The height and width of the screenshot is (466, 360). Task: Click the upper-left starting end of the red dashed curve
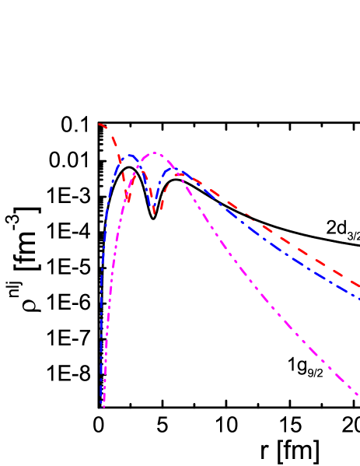click(x=100, y=124)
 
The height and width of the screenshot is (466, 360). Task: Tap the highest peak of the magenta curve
click(x=155, y=152)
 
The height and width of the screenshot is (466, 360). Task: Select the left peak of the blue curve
click(x=131, y=155)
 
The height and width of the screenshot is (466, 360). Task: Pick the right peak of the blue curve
click(x=175, y=170)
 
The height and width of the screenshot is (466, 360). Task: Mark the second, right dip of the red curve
click(x=155, y=212)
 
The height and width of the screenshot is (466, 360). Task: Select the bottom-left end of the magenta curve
click(x=103, y=406)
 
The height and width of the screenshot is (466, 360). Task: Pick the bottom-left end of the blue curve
click(x=101, y=403)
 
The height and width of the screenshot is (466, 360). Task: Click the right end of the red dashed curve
click(x=358, y=286)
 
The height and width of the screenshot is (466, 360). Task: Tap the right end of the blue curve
click(x=358, y=297)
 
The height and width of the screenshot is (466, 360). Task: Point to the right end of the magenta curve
click(x=358, y=396)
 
